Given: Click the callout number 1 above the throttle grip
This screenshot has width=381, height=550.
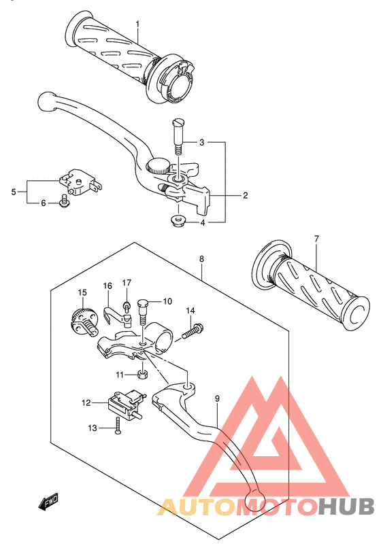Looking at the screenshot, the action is point(137,24).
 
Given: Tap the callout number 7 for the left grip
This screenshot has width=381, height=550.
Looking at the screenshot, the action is point(316,239).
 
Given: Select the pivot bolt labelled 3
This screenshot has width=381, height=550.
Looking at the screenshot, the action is point(178,136).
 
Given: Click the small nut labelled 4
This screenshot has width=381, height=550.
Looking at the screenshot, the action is point(178,222).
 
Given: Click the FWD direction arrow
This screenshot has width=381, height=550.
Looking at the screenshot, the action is point(48,502).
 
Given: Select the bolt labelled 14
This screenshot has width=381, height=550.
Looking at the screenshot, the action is point(193,332).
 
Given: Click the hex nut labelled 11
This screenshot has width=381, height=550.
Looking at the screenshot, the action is point(142,375).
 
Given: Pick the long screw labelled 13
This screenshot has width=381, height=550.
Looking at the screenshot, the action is point(118,427).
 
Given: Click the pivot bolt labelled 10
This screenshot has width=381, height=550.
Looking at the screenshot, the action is point(142,311).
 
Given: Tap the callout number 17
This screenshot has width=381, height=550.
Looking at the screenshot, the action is point(127,283).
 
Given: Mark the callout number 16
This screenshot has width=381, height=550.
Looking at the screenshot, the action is point(107,286).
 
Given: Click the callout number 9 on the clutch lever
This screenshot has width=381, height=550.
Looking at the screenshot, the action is point(217,398).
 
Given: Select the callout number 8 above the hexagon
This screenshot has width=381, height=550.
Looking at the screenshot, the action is point(201,259).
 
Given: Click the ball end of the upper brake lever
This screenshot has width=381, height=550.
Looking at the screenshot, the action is point(46,101).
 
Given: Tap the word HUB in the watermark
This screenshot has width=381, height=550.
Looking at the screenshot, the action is point(346,506).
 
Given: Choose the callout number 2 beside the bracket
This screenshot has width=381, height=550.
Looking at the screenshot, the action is point(246,195).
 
